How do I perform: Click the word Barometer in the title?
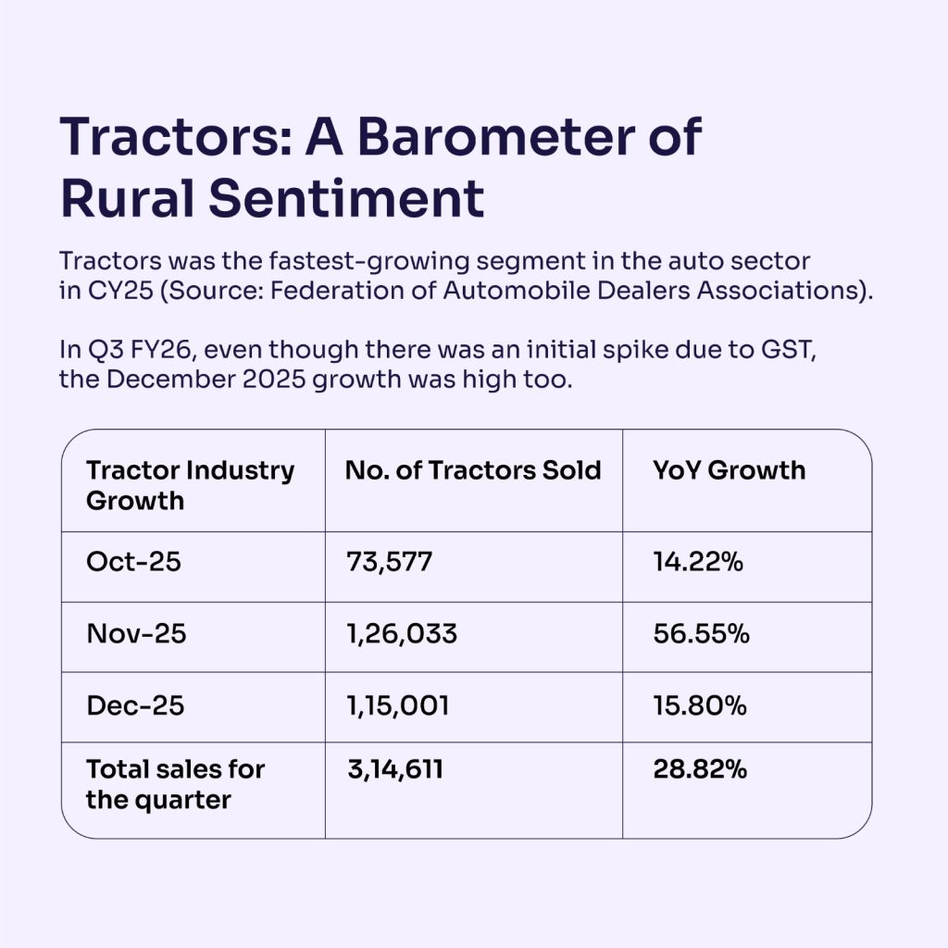[496, 137]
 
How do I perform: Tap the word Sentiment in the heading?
[346, 198]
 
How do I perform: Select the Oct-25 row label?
[133, 562]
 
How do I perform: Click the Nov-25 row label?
[136, 633]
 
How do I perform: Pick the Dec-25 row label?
[135, 705]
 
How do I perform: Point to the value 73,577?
[390, 562]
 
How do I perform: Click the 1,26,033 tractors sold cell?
[402, 634]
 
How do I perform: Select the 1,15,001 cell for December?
[398, 706]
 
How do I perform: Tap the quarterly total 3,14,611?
[395, 769]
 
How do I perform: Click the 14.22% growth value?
[698, 562]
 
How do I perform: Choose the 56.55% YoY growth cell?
[702, 633]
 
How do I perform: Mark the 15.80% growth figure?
[700, 705]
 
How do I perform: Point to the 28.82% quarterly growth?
[700, 769]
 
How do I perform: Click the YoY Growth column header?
[730, 470]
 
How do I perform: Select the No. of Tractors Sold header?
[473, 470]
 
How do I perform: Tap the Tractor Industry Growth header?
[191, 485]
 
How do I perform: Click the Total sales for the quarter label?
[175, 785]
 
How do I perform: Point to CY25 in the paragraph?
[120, 291]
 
